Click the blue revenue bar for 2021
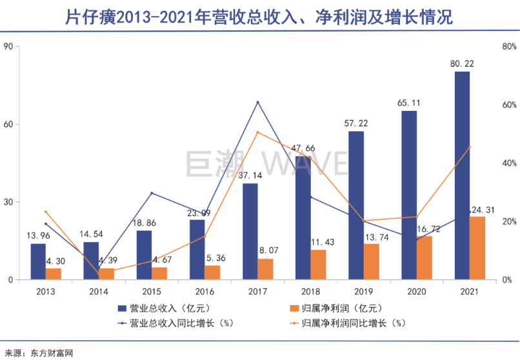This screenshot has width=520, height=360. coord(462,175)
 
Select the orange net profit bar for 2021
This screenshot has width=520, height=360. coord(477,248)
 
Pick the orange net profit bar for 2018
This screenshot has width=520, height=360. coord(319,265)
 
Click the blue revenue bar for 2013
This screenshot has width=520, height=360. coord(38,261)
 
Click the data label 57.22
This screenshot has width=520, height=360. coord(357,123)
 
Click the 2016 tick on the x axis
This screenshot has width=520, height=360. coord(205,292)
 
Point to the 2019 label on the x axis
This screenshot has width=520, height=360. coord(364,292)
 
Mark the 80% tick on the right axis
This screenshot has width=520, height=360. coord(510,46)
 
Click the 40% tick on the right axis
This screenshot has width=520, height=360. coord(510,163)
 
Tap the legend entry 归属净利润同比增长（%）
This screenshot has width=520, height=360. coord(351,322)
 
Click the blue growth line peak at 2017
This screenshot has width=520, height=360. coord(257,103)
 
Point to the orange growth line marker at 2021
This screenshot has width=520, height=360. coord(470,147)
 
